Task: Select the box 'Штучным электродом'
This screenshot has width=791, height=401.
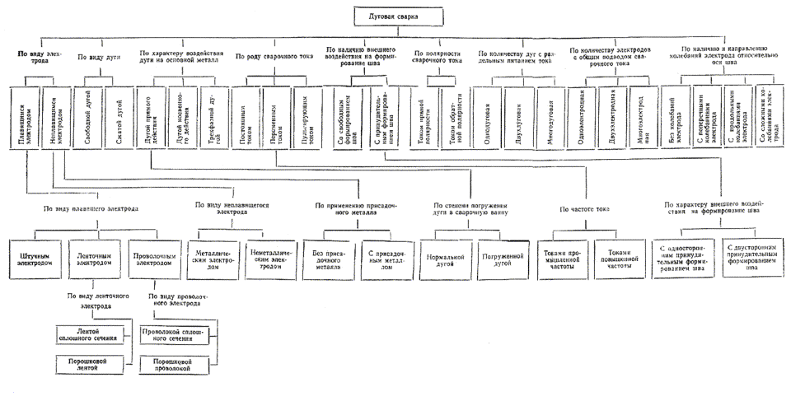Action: (37, 259)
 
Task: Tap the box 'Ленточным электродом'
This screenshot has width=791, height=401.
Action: (95, 259)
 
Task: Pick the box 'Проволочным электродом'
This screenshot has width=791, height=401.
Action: (154, 259)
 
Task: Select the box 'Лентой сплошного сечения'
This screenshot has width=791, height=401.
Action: (91, 334)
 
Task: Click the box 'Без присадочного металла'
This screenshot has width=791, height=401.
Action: (327, 259)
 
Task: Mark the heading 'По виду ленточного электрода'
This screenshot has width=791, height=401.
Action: (93, 300)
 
